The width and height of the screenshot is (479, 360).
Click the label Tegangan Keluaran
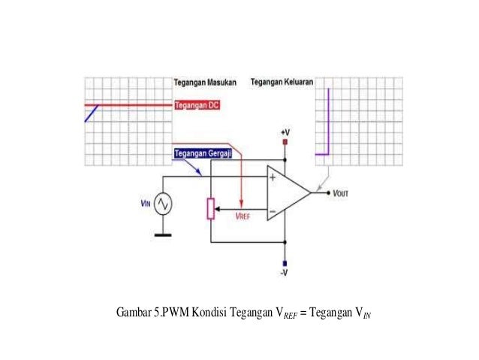282,81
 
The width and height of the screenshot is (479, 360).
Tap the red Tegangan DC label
197,105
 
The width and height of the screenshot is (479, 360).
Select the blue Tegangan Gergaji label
202,153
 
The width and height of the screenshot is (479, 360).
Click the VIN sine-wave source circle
162,204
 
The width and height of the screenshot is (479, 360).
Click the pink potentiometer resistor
211,208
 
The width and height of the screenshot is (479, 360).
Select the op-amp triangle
289,194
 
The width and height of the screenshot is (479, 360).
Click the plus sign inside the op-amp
272,178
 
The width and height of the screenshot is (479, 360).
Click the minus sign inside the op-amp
272,210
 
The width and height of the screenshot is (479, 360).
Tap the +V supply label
285,132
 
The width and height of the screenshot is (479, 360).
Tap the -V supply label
285,274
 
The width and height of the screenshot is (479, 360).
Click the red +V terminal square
285,141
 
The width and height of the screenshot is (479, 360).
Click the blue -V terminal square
285,263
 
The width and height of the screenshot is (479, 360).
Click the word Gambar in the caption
134,313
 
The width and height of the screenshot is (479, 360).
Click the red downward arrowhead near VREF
241,203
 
